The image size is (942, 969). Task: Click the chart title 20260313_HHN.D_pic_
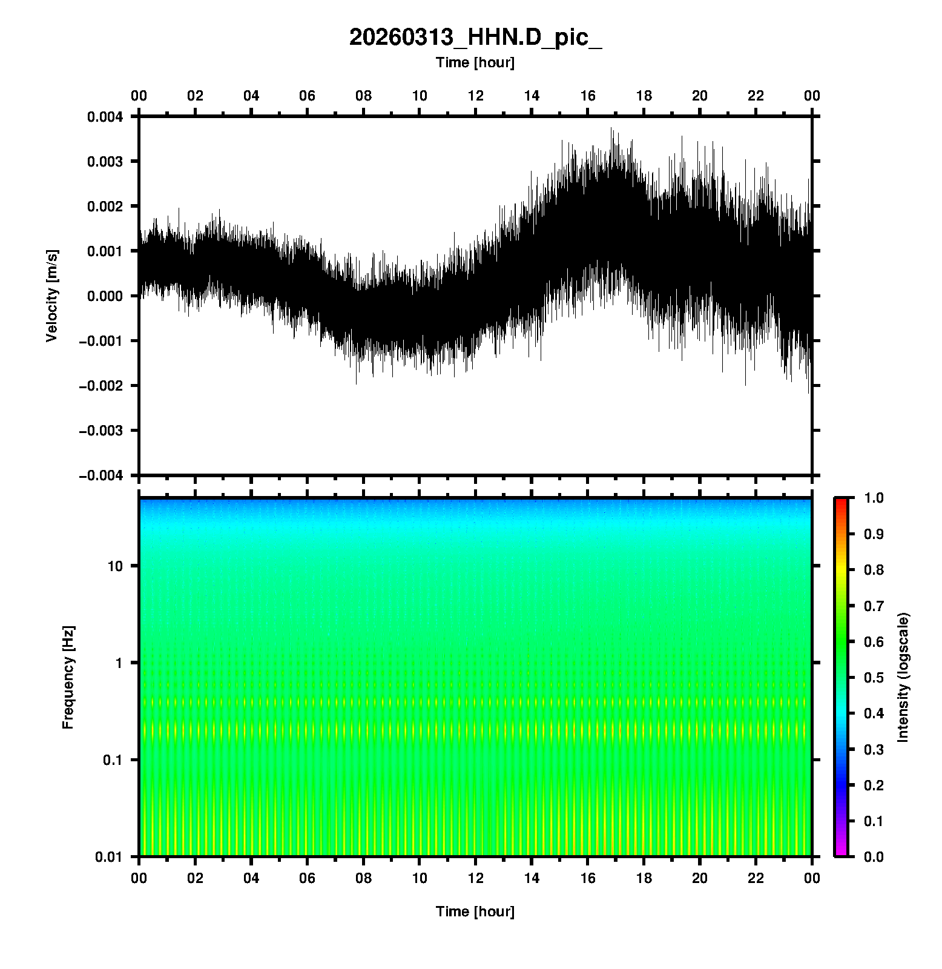coord(475,38)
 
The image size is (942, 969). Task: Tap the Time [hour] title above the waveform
coord(475,62)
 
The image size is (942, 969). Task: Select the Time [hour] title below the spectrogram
coord(475,911)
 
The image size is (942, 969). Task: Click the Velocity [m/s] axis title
coord(53,296)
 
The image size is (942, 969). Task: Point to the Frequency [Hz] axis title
coord(68,678)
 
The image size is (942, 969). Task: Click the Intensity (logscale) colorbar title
coord(903,678)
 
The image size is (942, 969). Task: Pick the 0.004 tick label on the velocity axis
coord(105,117)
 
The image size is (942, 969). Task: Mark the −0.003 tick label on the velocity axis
coord(100,431)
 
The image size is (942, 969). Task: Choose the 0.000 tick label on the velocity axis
coord(105,296)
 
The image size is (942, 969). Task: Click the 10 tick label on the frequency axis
coord(115,566)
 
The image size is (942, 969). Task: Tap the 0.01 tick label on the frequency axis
coord(109,857)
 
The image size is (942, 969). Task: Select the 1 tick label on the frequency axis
coord(119,663)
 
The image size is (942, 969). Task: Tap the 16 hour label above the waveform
coord(588,96)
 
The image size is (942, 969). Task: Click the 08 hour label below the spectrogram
coord(363,878)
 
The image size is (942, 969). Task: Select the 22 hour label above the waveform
coord(756,96)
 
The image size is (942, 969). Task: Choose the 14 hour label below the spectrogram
coord(532,878)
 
